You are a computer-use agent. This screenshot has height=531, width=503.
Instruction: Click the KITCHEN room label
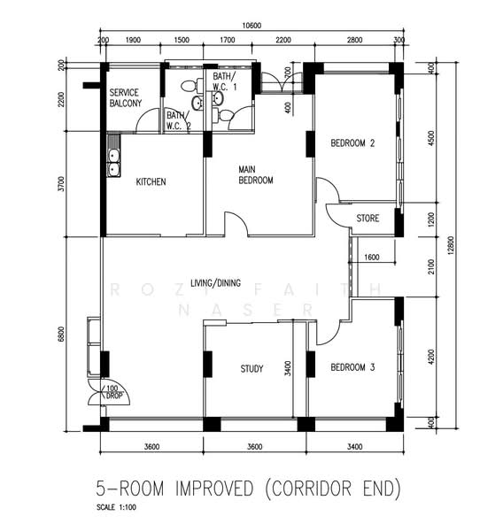151,182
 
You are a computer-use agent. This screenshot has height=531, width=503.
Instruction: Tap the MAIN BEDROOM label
255,174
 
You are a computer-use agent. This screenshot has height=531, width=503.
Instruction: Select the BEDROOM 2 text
353,143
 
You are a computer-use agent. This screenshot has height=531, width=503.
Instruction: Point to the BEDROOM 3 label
353,367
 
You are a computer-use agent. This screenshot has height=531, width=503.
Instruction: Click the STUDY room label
251,369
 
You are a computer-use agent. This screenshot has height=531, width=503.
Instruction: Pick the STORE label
368,218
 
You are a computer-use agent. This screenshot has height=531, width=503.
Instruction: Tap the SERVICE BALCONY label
125,98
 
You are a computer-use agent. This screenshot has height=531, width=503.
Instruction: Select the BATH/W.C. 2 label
177,120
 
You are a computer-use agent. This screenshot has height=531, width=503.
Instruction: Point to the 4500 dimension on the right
431,142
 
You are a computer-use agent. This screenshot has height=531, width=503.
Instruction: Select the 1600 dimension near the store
371,258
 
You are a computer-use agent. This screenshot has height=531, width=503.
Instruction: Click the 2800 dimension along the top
354,41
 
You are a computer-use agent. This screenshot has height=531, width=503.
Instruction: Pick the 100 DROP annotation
111,393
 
